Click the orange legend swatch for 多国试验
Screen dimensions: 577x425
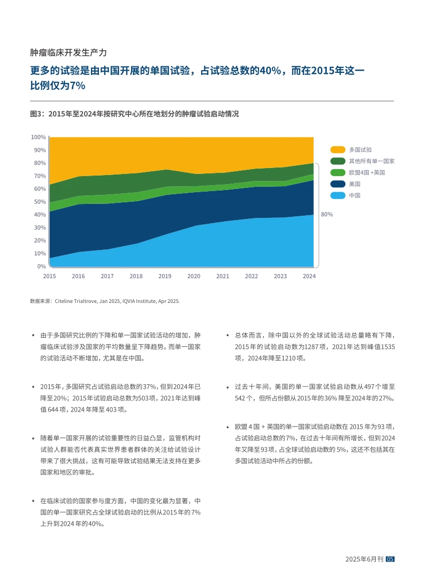pos(337,150)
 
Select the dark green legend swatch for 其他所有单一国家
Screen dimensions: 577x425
pos(337,161)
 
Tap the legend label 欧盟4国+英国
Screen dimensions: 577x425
pos(367,172)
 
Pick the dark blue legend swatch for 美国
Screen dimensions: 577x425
pos(337,184)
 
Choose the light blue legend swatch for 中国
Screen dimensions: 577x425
pos(337,195)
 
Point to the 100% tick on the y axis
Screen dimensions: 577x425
pos(38,137)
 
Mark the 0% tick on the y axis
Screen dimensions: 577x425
pos(41,266)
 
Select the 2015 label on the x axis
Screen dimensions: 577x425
pos(49,276)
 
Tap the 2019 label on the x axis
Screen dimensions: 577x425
pos(165,276)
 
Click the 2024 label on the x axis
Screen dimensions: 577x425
pos(309,276)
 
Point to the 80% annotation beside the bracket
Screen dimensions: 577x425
pos(327,214)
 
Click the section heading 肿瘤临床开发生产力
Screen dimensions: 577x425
pos(69,52)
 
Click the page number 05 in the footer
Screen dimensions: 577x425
pos(390,559)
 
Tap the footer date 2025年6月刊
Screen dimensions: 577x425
pos(365,559)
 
